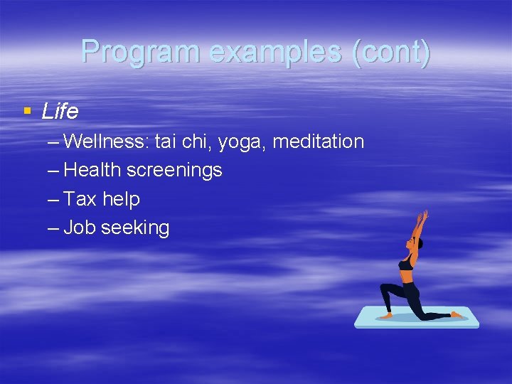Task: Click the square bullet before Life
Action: [x=27, y=111]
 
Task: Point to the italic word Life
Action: [x=60, y=112]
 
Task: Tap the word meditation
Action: [x=318, y=142]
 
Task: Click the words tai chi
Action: [x=183, y=142]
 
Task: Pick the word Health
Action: [x=92, y=171]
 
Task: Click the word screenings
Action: [x=175, y=171]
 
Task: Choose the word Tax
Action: [x=80, y=199]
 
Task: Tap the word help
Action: [x=121, y=199]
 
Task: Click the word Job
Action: [x=80, y=228]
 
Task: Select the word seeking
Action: [x=135, y=228]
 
